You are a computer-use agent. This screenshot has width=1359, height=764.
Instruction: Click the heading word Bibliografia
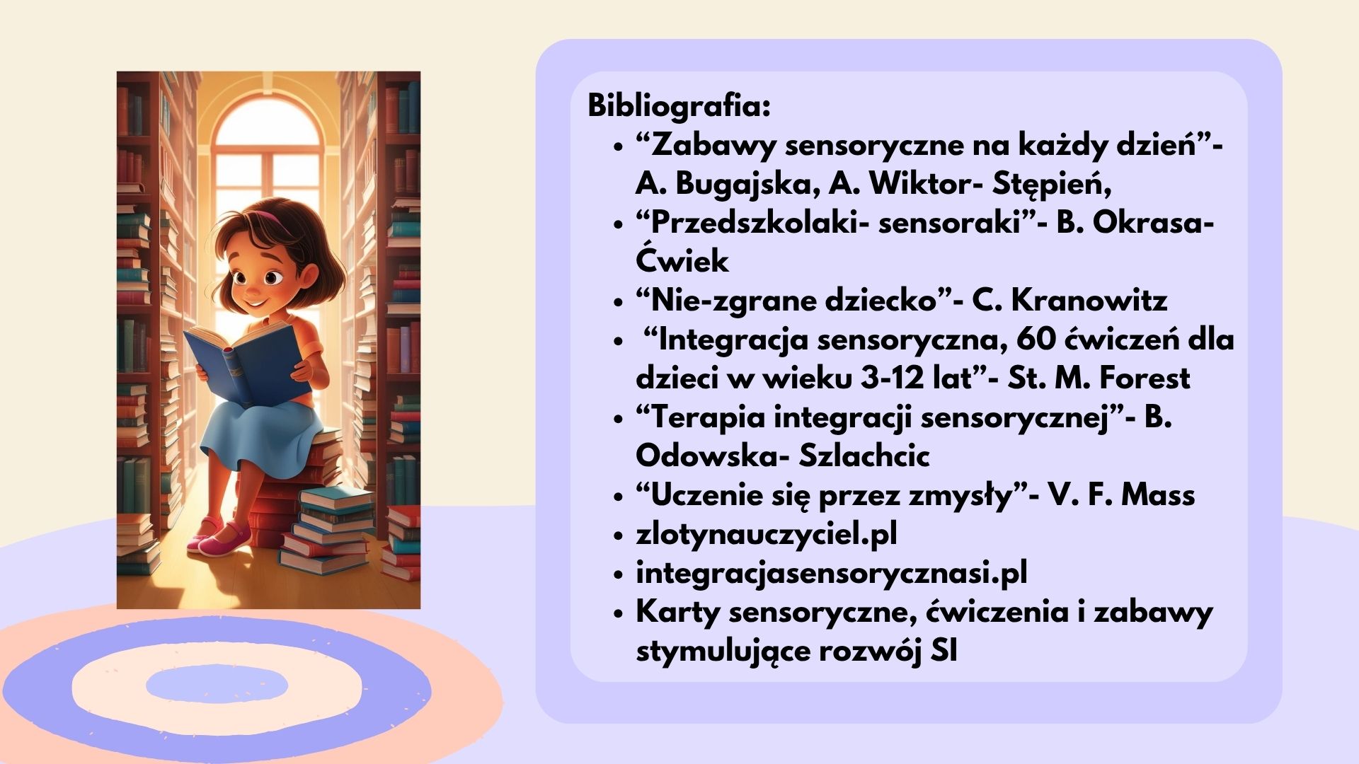click(x=679, y=106)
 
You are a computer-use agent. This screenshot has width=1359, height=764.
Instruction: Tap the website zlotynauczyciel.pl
click(x=767, y=534)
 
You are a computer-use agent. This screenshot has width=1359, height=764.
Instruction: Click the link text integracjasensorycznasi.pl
click(x=832, y=573)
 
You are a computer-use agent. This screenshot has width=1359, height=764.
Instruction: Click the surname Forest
click(x=1145, y=378)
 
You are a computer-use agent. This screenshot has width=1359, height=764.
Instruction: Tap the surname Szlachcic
click(x=864, y=456)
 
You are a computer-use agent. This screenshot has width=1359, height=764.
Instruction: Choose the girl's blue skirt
click(x=255, y=432)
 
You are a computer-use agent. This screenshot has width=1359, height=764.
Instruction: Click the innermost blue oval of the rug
click(x=217, y=685)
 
